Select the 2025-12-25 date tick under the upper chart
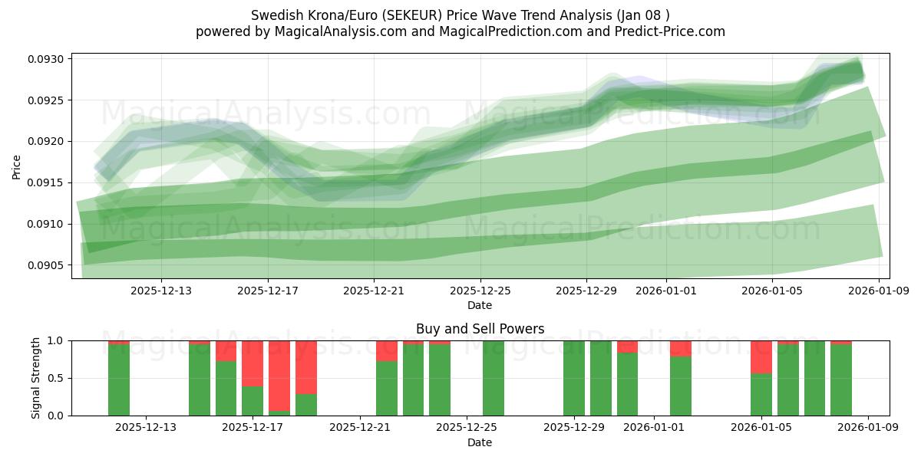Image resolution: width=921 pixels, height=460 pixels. (480, 291)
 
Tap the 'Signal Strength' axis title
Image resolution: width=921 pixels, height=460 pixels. (36, 378)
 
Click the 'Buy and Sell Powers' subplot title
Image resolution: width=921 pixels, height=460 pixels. (480, 329)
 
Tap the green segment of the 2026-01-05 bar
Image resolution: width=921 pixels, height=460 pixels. (761, 394)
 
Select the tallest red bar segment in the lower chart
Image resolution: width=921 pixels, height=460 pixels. (279, 375)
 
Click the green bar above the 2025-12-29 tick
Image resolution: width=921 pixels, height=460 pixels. (574, 378)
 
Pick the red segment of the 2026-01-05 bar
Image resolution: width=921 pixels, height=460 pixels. (761, 356)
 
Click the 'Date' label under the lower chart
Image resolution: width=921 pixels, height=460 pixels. (480, 442)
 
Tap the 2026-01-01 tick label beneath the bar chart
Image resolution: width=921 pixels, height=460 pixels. (654, 427)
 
